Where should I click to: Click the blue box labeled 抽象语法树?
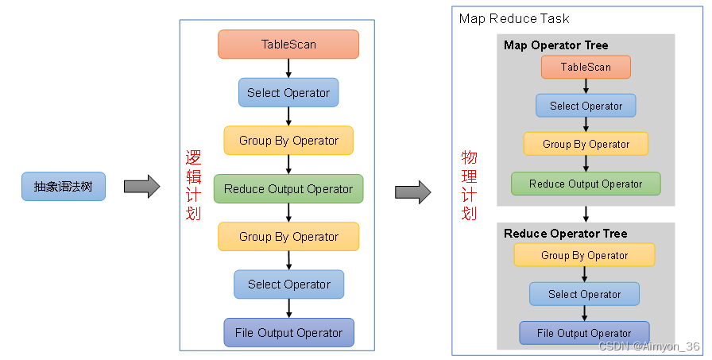click(64, 187)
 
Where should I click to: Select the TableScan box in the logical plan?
click(288, 45)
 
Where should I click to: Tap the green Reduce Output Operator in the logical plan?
click(288, 189)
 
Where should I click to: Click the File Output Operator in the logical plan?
click(288, 333)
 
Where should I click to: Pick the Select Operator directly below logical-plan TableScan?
click(288, 92)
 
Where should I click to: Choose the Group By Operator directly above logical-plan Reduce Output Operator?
click(288, 141)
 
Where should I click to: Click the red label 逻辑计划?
click(193, 185)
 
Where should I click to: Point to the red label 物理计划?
click(469, 185)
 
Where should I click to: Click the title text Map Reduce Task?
click(514, 18)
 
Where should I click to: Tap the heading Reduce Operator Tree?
click(565, 234)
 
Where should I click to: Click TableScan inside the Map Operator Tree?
click(586, 67)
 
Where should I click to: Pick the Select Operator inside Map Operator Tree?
click(586, 106)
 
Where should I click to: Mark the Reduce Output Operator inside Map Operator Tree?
click(586, 184)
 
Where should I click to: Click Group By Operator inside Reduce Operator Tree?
click(584, 255)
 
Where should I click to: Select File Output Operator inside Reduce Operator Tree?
click(584, 333)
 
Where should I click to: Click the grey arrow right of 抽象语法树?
click(141, 187)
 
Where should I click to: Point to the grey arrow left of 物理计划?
click(412, 192)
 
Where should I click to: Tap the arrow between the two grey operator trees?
click(586, 214)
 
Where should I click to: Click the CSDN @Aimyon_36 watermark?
click(649, 346)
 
